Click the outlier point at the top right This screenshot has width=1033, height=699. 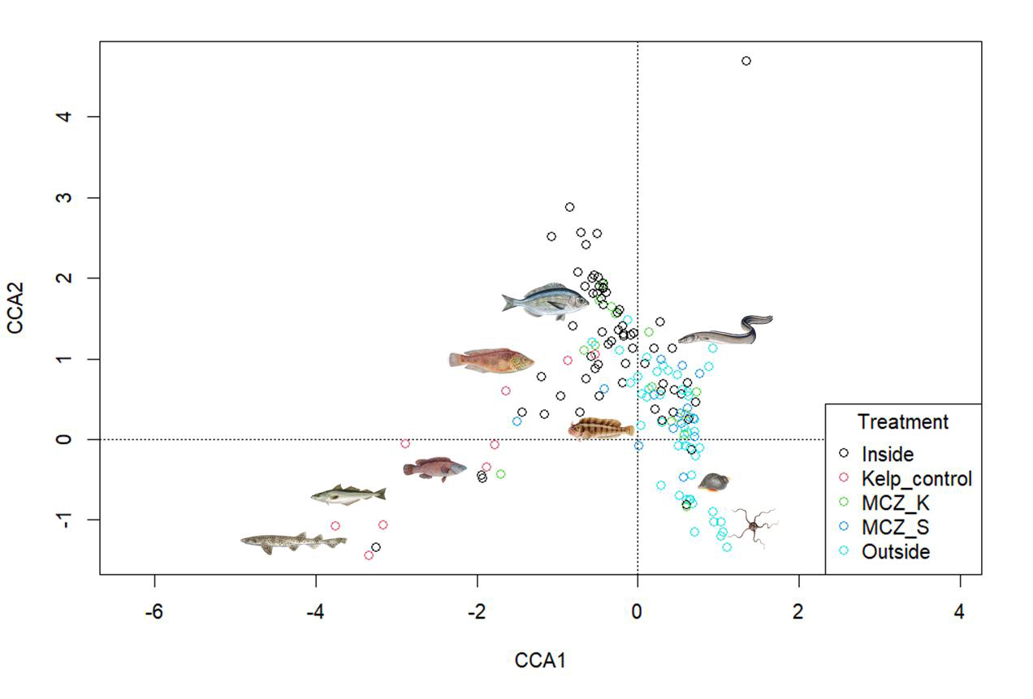746,61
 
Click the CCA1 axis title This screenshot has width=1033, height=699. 540,661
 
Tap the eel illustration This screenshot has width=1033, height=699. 725,330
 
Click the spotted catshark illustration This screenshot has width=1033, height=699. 293,542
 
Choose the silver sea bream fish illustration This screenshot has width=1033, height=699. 545,300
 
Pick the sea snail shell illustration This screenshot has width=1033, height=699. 714,482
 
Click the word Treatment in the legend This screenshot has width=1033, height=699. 902,422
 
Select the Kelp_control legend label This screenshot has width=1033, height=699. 916,479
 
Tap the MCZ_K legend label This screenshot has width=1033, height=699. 896,503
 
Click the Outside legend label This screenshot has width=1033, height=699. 896,552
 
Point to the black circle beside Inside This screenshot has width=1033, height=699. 845,454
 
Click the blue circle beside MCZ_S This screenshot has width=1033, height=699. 845,527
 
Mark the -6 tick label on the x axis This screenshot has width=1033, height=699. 153,611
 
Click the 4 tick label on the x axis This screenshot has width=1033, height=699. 960,611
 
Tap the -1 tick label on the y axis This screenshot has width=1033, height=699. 66,520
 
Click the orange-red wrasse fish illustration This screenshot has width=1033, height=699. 491,360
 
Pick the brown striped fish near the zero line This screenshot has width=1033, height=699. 601,428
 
